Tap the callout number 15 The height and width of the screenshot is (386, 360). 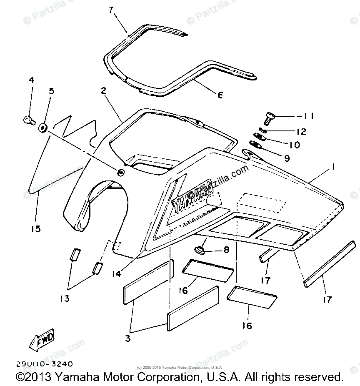point(36,229)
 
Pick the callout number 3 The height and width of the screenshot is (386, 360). point(128,338)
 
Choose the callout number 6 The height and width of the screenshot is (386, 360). point(220,95)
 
